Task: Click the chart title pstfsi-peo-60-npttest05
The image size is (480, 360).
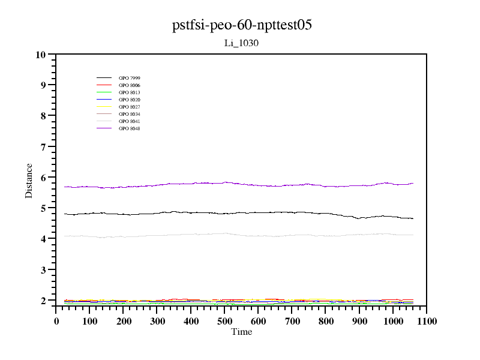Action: pos(241,26)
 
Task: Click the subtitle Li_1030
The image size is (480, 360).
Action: pos(241,43)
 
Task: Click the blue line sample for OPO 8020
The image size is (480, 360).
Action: pos(104,100)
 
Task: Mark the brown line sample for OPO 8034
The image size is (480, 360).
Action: pos(104,114)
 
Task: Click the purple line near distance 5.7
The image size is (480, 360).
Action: pos(240,183)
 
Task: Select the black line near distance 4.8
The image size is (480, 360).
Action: pos(240,212)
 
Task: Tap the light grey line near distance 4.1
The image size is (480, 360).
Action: pos(240,234)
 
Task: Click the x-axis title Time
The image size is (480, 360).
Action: pos(241,332)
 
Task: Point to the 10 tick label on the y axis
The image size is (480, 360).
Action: pos(41,55)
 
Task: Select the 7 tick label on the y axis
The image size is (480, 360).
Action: pos(43,147)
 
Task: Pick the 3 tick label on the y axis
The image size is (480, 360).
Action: pos(43,270)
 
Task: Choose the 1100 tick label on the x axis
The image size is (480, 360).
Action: pos(427,322)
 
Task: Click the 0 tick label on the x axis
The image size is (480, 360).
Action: pos(56,322)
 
